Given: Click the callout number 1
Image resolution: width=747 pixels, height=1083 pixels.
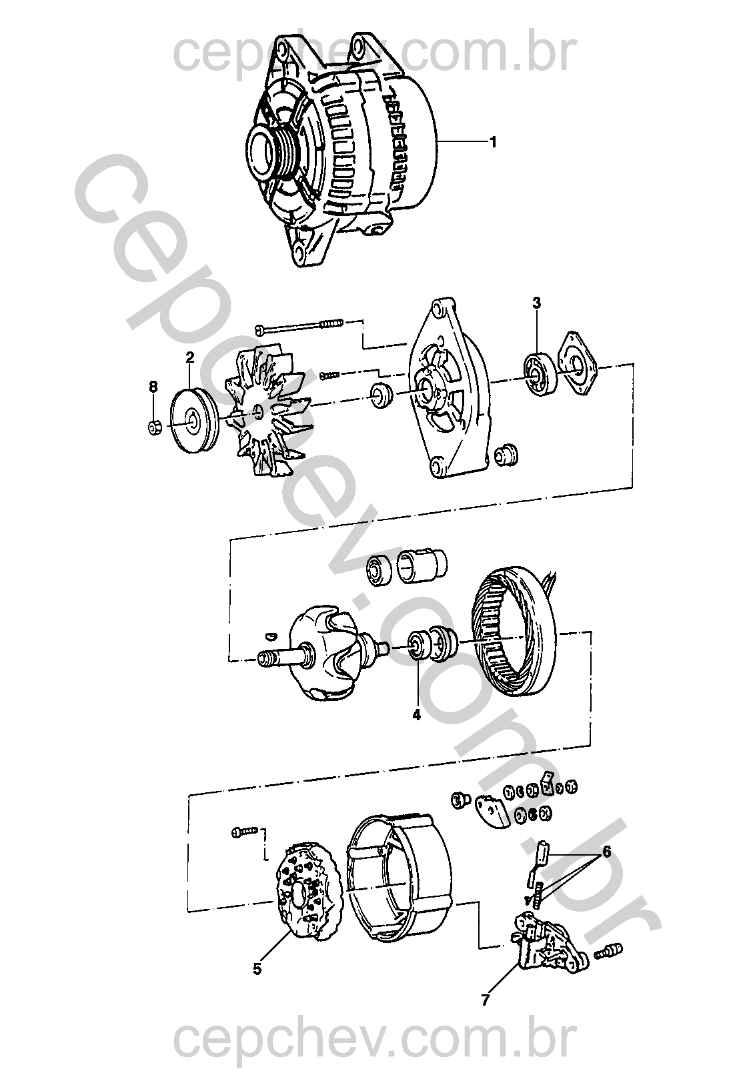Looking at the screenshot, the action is [493, 143].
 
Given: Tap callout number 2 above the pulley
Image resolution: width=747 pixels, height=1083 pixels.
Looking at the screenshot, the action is [190, 357].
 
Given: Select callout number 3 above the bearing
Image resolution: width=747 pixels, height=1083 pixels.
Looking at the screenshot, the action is [536, 303].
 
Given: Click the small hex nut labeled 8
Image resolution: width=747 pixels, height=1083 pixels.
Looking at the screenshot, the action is [154, 427].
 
